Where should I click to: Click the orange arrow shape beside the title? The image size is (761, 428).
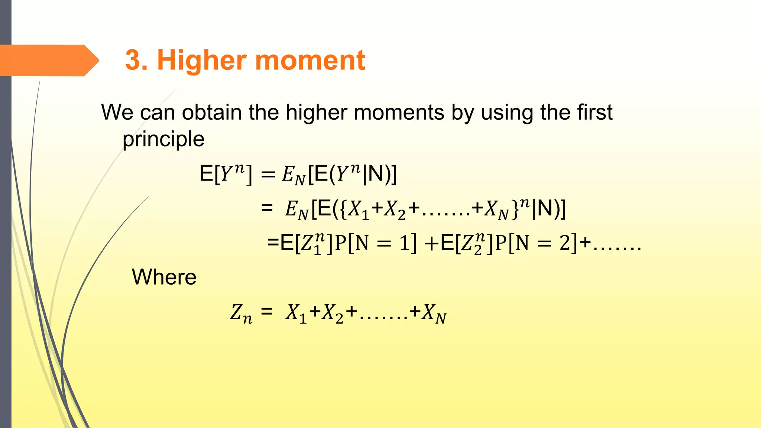(x=48, y=60)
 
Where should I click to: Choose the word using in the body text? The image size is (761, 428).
(x=507, y=113)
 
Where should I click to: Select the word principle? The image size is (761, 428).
(x=163, y=139)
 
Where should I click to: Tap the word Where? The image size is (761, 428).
(x=164, y=277)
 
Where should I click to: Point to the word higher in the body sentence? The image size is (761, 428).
(x=316, y=113)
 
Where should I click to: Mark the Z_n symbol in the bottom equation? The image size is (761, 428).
(x=241, y=313)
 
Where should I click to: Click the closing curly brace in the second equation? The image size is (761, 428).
(x=515, y=209)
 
